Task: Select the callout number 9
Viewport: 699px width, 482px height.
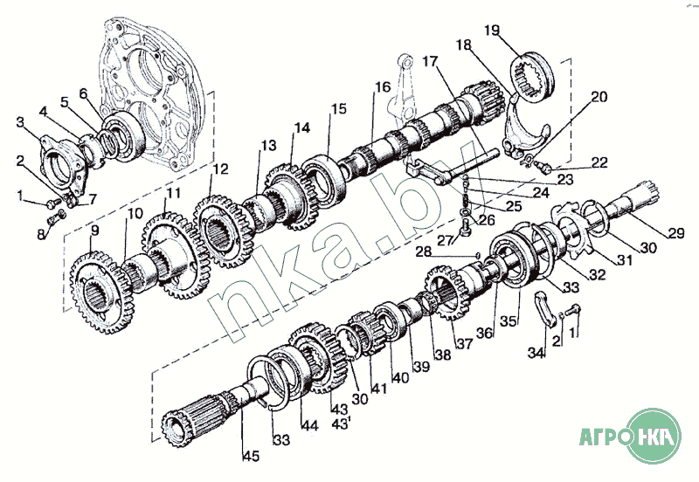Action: (94, 231)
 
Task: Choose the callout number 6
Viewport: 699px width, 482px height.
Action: (83, 93)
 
